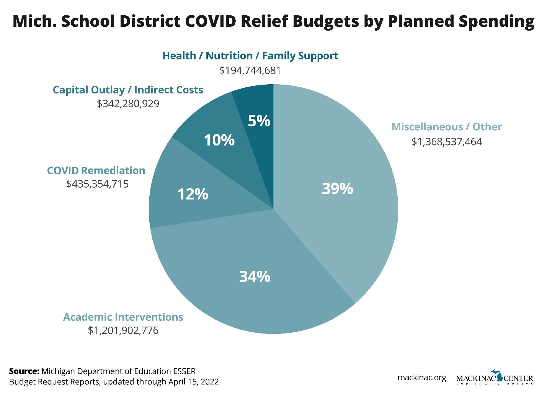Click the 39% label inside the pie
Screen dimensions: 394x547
tap(337, 189)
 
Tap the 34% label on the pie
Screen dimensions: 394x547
tap(255, 276)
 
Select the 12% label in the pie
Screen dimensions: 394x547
tap(193, 195)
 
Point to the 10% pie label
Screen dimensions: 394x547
tap(219, 140)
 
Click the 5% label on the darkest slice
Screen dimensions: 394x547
tap(259, 121)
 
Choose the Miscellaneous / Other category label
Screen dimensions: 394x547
tap(446, 127)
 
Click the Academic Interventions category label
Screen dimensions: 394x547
tap(123, 317)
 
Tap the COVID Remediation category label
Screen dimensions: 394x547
tap(96, 170)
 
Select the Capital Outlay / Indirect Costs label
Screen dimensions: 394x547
tap(128, 90)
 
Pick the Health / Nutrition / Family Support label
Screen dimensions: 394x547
tap(250, 56)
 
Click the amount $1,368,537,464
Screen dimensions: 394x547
tap(446, 142)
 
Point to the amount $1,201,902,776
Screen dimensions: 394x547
tap(123, 330)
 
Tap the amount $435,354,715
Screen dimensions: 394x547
tap(97, 184)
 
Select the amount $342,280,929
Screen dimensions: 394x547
tap(128, 104)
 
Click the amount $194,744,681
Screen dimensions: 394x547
tap(250, 70)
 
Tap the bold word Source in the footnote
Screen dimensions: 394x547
tap(24, 371)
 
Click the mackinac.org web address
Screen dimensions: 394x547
tap(421, 378)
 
